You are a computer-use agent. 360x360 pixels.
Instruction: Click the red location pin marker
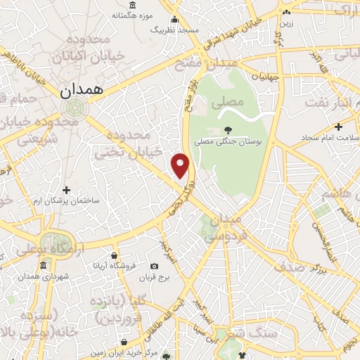pyautogui.click(x=181, y=165)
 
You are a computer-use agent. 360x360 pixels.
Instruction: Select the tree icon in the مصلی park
pyautogui.click(x=229, y=129)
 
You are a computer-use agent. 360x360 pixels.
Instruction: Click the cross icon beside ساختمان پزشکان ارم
pyautogui.click(x=67, y=190)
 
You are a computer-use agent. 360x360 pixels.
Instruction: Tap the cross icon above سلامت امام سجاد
pyautogui.click(x=339, y=127)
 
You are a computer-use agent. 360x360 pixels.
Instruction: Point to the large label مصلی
pyautogui.click(x=232, y=103)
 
